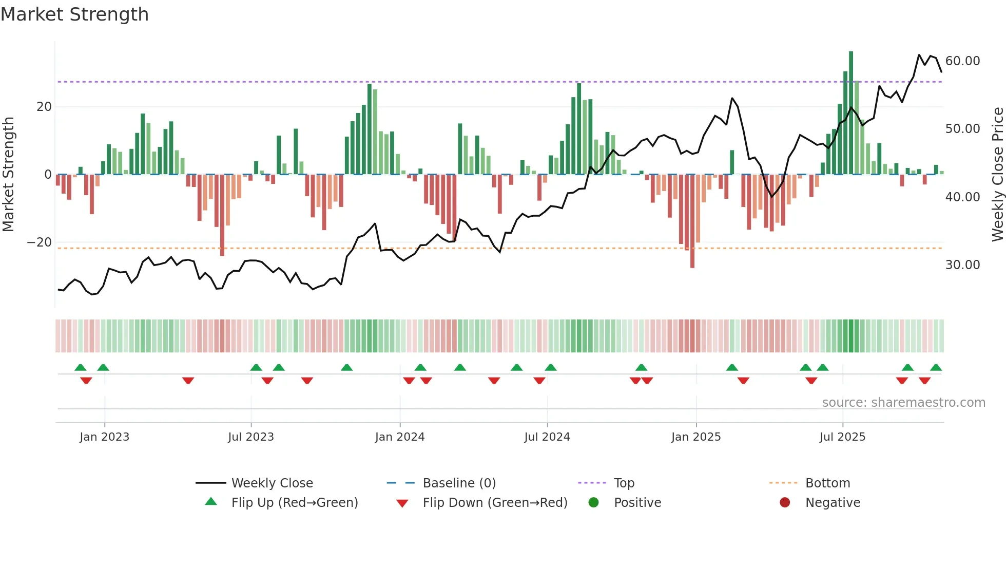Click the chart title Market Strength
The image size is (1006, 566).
74,14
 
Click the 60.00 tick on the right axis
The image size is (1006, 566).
962,61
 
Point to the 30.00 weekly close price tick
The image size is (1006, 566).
962,265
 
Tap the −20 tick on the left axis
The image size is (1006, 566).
39,242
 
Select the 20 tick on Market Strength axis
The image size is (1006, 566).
44,107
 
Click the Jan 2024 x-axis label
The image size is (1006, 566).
400,437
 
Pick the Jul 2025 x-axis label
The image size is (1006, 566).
842,437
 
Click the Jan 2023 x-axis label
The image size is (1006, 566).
104,437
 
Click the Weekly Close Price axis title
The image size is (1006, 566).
997,175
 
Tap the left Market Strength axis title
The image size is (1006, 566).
8,175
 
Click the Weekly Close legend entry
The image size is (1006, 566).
272,483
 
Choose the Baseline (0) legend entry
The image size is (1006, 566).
459,483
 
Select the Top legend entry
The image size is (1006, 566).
624,483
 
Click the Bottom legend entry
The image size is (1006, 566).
827,483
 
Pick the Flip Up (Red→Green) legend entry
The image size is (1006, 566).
294,503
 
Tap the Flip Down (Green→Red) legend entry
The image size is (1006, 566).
495,503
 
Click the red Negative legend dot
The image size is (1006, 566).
785,503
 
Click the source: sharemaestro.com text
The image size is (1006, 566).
903,403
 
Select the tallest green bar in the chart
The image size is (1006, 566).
851,113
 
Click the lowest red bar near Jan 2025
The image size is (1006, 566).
692,221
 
